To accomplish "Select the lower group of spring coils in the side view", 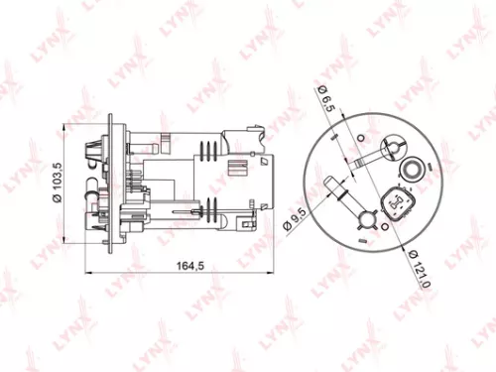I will pyautogui.click(x=209, y=208).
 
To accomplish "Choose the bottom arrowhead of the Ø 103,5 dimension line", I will pyautogui.click(x=66, y=237).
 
